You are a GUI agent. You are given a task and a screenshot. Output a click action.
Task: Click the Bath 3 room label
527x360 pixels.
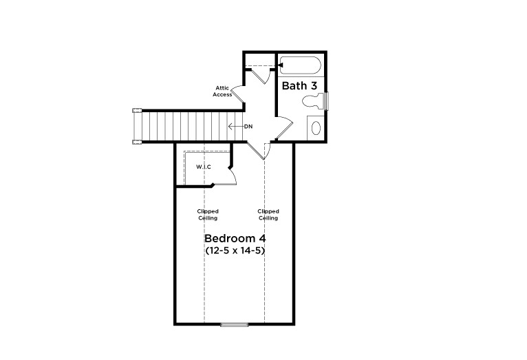pyautogui.click(x=299, y=86)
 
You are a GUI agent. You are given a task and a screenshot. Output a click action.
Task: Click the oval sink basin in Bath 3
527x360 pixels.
pyautogui.click(x=316, y=127)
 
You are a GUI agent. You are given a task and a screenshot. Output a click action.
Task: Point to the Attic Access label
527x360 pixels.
pyautogui.click(x=222, y=91)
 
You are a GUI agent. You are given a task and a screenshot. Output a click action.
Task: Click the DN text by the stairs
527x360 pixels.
pyautogui.click(x=248, y=127)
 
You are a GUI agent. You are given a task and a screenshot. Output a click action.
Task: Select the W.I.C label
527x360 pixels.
pyautogui.click(x=203, y=167)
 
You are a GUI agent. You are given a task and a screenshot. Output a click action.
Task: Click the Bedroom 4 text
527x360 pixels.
pyautogui.click(x=235, y=238)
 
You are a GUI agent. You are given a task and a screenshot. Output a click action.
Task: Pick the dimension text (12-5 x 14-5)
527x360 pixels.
pyautogui.click(x=235, y=251)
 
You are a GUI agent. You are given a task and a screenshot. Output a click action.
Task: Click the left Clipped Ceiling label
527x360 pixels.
pyautogui.click(x=207, y=215)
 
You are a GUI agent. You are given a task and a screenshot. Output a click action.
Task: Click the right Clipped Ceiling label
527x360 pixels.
pyautogui.click(x=268, y=215)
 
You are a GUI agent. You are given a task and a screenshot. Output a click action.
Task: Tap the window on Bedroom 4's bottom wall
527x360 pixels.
pyautogui.click(x=234, y=324)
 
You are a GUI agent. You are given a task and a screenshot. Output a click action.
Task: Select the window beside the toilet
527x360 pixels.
pyautogui.click(x=327, y=100)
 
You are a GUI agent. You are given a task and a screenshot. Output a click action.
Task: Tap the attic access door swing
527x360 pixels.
pyautogui.click(x=237, y=94)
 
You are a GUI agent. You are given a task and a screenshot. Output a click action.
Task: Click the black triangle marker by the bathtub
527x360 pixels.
pyautogui.click(x=280, y=65)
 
